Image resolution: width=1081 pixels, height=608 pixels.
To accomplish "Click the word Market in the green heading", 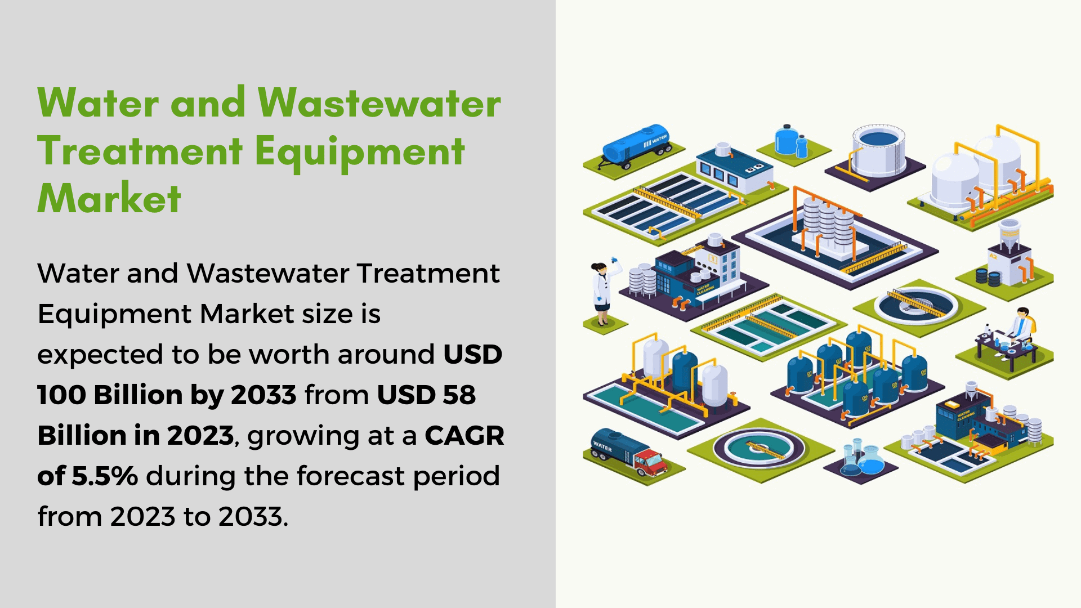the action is (109, 198).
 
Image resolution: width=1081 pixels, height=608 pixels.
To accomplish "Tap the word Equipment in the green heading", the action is (360, 152).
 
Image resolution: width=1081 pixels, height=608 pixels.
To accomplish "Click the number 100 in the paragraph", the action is (61, 395).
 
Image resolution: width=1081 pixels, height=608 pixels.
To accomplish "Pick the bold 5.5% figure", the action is (105, 476).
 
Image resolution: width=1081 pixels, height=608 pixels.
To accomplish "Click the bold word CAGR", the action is (464, 435).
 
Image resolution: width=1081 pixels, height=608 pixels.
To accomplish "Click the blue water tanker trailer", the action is (636, 146).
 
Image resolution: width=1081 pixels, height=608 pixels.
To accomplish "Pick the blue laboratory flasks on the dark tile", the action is (861, 459).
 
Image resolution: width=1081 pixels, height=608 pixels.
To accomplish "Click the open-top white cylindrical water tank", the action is (878, 150).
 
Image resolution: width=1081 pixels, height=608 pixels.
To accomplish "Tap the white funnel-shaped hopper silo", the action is (1009, 234).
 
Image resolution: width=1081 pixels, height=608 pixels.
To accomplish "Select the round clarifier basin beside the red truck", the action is (760, 448).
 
